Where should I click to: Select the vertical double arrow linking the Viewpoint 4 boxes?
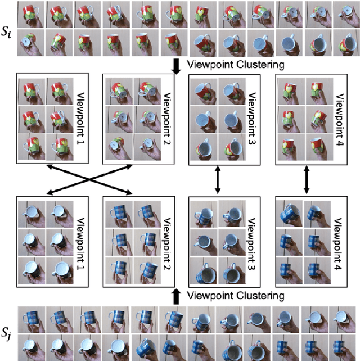pyautogui.click(x=305, y=180)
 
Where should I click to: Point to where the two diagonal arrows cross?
pyautogui.click(x=91, y=180)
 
